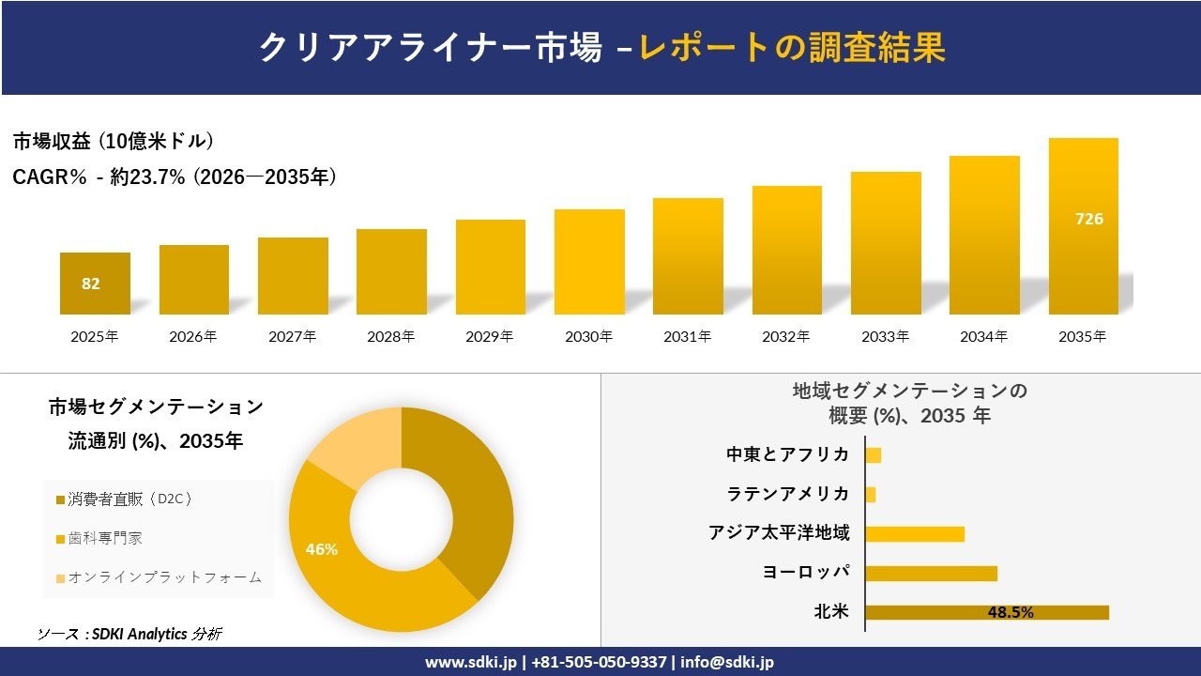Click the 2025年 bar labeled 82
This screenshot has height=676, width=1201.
95,284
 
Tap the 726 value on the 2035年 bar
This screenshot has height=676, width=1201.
1088,219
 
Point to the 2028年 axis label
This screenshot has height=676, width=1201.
390,336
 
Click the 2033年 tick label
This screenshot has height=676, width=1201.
885,336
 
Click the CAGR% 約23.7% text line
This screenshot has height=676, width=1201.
175,177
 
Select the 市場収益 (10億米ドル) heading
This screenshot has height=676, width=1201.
114,142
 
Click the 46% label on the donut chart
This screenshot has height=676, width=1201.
322,549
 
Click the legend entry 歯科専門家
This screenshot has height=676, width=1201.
105,539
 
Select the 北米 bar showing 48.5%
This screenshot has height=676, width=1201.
986,612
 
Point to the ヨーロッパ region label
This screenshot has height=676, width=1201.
806,573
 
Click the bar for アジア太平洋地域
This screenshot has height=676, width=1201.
915,533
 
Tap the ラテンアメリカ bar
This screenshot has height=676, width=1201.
871,494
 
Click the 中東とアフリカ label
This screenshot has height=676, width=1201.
788,454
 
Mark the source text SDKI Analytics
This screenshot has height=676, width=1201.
141,634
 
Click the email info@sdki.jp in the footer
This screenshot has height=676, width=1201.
727,662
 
